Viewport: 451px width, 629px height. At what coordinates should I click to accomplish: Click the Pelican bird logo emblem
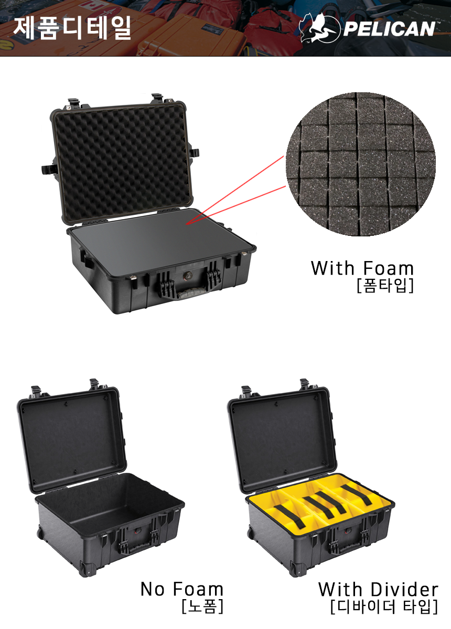click(319, 29)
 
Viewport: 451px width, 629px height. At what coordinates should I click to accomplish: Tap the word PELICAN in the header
click(389, 29)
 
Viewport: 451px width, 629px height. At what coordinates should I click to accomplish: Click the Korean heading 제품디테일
click(72, 28)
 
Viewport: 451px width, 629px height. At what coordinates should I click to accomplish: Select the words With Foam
click(362, 268)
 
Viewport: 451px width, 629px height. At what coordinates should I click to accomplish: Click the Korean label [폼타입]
click(385, 286)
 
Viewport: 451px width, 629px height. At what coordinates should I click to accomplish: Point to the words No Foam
click(182, 589)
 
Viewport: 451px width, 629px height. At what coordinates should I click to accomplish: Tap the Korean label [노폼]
click(202, 606)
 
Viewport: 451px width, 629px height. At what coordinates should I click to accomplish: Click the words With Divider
click(378, 589)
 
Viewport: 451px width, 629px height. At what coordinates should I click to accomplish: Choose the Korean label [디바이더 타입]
click(384, 606)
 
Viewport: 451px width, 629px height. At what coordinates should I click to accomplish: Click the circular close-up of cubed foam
click(360, 164)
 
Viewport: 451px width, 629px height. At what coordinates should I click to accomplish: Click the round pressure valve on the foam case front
click(187, 275)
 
